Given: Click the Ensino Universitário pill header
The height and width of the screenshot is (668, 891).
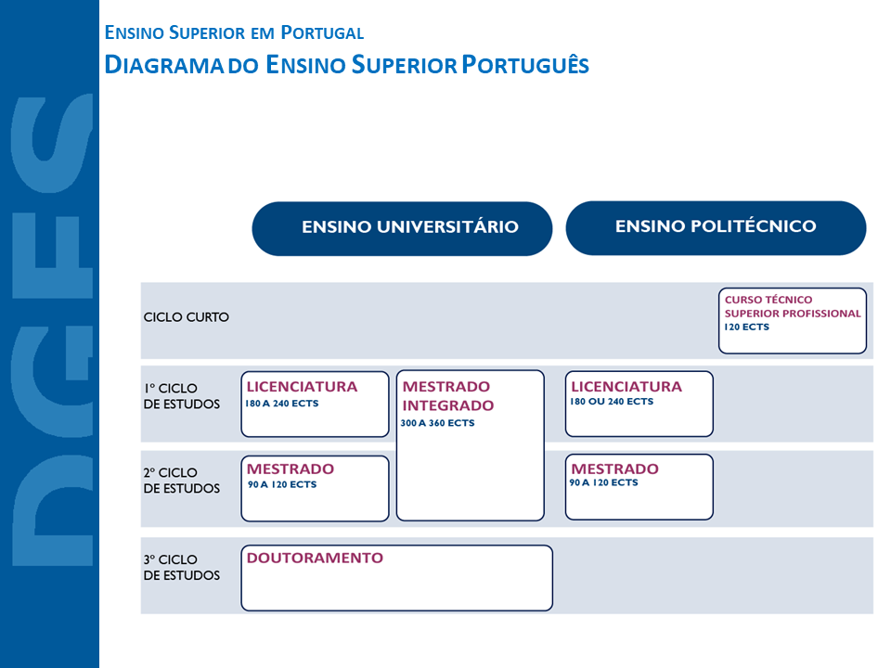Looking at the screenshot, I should [x=402, y=228].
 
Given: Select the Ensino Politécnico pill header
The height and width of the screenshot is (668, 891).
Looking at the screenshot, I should [x=716, y=227].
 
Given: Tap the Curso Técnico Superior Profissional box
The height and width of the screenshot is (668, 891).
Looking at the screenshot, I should [x=792, y=321].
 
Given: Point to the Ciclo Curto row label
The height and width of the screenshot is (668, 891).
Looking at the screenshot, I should [x=187, y=317].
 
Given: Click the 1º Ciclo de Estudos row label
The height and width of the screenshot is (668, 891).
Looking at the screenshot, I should [x=182, y=396].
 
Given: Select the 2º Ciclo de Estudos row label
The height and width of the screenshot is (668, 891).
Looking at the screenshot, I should [x=182, y=481].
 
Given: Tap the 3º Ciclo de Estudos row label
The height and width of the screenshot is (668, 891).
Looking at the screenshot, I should [x=182, y=568].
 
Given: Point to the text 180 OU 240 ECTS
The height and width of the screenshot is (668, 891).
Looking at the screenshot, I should [x=612, y=402].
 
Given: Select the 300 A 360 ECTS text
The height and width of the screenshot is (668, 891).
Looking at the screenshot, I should [x=438, y=423].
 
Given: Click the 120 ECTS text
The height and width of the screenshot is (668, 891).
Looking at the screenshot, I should [x=747, y=328].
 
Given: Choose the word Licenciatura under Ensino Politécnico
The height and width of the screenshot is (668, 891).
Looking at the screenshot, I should [x=626, y=386].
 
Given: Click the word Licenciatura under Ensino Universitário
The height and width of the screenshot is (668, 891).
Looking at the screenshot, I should [x=302, y=386].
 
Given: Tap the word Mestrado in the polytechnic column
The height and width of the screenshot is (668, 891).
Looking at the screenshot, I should [x=614, y=469].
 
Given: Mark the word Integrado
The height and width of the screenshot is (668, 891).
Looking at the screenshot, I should [x=448, y=405].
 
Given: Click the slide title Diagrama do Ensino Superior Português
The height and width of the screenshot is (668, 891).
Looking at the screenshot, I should [x=347, y=65].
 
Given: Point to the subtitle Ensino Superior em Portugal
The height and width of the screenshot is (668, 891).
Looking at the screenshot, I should [x=234, y=33].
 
